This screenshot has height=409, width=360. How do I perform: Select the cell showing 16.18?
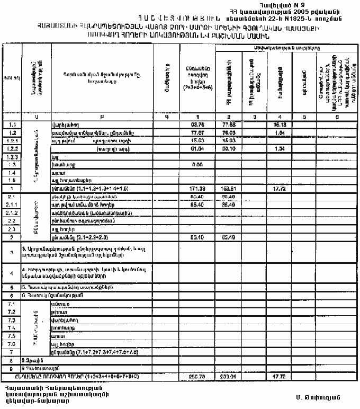(281, 124)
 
